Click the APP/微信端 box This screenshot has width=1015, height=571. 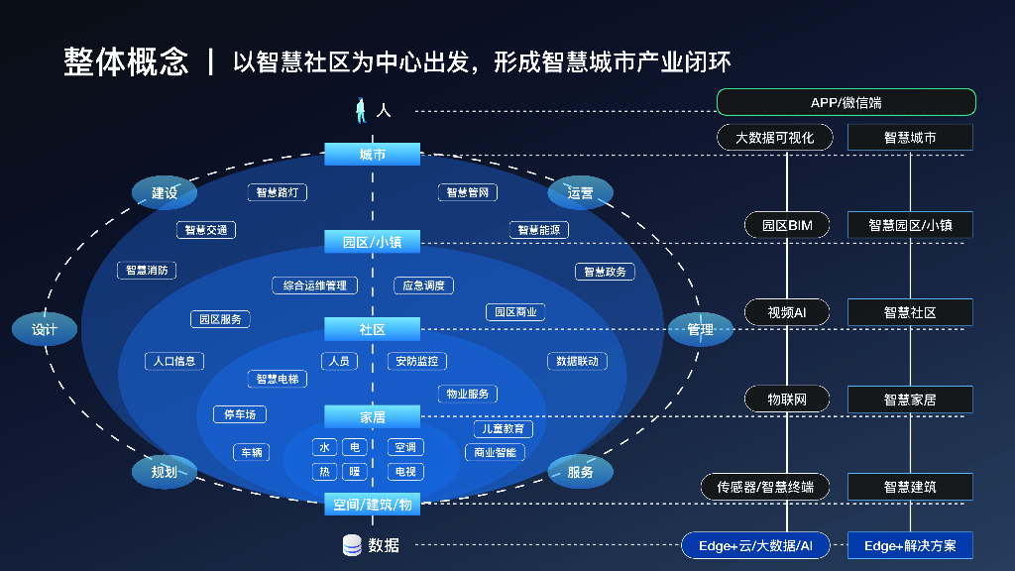click(x=846, y=102)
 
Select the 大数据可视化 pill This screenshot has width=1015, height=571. click(x=774, y=138)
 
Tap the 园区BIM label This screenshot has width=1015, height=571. click(x=787, y=225)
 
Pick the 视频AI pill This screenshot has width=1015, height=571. click(x=787, y=312)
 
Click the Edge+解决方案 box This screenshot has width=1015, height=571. click(x=910, y=545)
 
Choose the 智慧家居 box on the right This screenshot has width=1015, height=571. click(x=910, y=400)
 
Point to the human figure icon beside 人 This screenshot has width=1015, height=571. click(x=362, y=110)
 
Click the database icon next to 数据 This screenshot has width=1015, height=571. click(x=352, y=545)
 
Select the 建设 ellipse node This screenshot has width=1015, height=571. click(x=165, y=192)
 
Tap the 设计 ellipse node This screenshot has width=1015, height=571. click(x=45, y=330)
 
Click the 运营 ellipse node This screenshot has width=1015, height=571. click(x=581, y=192)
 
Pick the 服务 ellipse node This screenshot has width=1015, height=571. click(x=581, y=472)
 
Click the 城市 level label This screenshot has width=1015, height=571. click(x=373, y=155)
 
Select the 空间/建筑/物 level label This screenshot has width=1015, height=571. click(x=373, y=505)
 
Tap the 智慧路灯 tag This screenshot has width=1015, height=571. click(x=277, y=192)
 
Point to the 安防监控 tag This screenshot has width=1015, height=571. click(x=416, y=361)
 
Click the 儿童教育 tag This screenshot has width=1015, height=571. click(x=503, y=428)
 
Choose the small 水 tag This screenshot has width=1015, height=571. click(x=325, y=447)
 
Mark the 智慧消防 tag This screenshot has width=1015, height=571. click(x=147, y=270)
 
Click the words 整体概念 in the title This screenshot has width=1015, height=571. click(x=126, y=61)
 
